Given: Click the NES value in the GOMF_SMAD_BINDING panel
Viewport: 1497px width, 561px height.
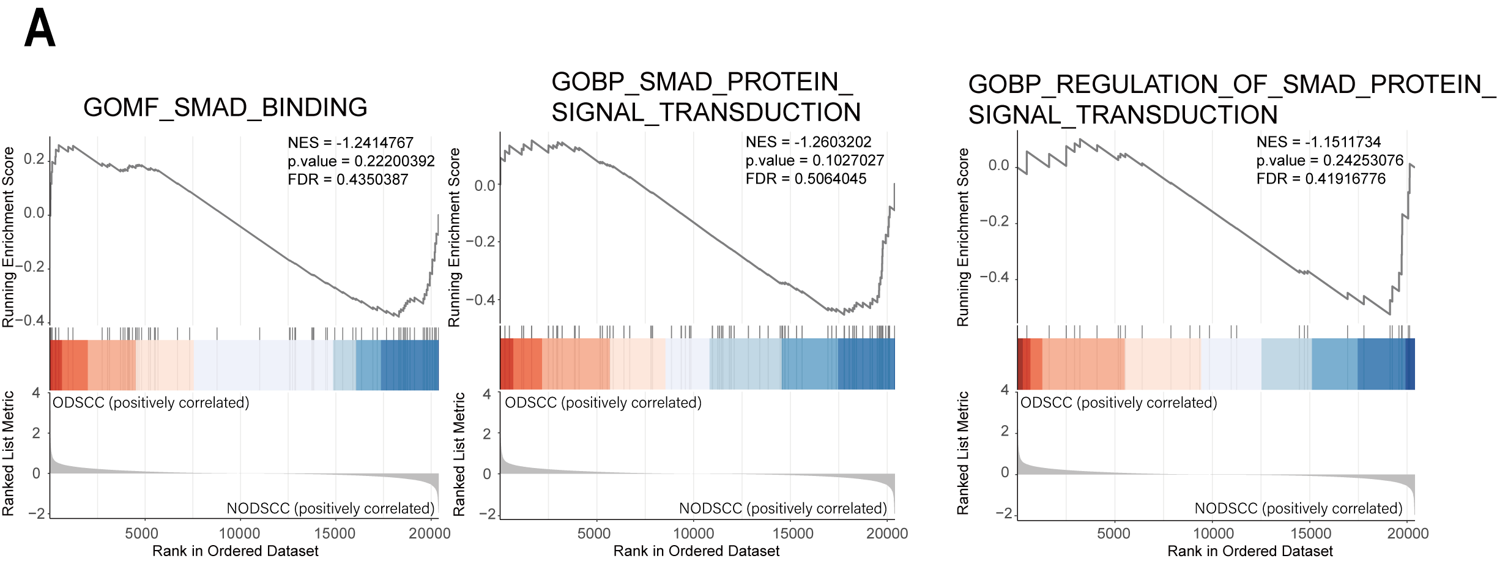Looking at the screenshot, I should coord(351,143).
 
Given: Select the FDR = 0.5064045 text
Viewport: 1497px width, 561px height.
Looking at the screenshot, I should coord(806,179).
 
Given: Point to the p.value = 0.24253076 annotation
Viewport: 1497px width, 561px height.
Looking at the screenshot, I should coord(1329,161).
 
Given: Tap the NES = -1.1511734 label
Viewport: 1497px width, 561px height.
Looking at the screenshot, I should coord(1318,143).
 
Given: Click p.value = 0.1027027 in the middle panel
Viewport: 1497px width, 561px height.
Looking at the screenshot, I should coord(814,161).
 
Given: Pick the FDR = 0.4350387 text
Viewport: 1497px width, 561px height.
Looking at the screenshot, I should coord(347,180).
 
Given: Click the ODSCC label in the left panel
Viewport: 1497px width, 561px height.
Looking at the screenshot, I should coord(150,403).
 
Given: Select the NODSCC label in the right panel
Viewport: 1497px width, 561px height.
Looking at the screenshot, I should coord(1298,508).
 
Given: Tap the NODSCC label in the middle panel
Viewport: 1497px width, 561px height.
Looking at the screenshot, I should coord(782,508).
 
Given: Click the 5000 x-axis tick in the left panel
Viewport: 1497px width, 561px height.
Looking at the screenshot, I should coord(141,533).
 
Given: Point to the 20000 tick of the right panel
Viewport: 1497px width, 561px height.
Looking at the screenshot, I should coord(1407,533).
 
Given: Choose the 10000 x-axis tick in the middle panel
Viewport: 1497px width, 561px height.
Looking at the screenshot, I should coord(693,533).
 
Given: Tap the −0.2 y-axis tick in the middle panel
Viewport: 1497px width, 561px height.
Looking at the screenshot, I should coord(482,242).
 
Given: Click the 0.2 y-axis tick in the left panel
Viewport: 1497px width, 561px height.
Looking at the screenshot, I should coord(34,160).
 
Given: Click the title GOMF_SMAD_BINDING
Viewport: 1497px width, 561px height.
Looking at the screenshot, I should coord(225,108).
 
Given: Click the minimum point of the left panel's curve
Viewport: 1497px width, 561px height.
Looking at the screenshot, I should coord(399,316).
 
